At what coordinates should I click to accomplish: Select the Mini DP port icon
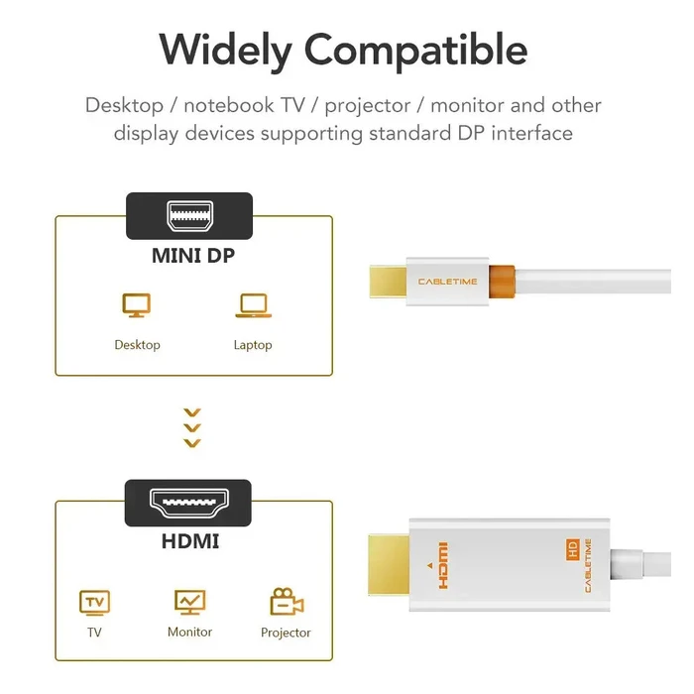click(x=189, y=215)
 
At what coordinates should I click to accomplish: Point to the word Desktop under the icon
click(x=137, y=345)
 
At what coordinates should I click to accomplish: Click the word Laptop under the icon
click(x=252, y=345)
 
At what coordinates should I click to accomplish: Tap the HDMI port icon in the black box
click(x=188, y=503)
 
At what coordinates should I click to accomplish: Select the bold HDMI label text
click(x=189, y=542)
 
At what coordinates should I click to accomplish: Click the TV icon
click(x=94, y=602)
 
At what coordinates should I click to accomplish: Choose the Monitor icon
click(x=189, y=602)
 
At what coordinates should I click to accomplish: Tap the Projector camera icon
click(x=286, y=602)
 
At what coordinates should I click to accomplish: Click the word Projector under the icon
click(x=286, y=633)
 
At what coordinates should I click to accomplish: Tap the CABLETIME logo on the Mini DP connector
click(x=447, y=282)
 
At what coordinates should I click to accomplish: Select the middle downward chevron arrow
click(x=193, y=428)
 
